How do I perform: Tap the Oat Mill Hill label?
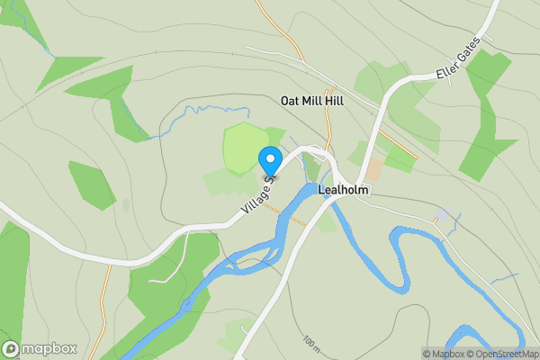click(311, 102)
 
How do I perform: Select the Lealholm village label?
click(345, 191)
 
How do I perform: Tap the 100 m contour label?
click(311, 343)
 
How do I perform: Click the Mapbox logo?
click(40, 348)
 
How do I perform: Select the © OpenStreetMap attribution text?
click(500, 354)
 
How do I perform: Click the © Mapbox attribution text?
click(441, 354)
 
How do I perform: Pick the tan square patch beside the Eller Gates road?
click(373, 169)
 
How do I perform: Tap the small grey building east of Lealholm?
click(441, 215)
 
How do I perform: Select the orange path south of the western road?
click(104, 306)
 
